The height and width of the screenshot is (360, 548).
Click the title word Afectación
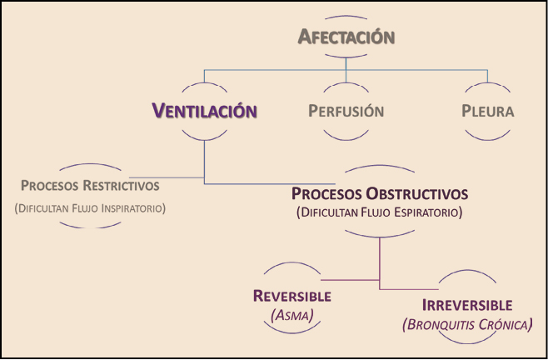coord(345,37)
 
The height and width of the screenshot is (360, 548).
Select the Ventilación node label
coord(204,111)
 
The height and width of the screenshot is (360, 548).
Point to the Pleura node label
coord(488,111)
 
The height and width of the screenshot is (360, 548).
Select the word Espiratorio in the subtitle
coord(427,213)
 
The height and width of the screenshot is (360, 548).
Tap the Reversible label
coord(291,296)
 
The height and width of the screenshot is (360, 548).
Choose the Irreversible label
coord(466,305)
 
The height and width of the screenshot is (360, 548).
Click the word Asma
coord(291,314)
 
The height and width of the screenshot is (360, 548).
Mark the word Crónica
coord(503,324)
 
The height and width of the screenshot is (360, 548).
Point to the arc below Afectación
coord(345,55)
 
